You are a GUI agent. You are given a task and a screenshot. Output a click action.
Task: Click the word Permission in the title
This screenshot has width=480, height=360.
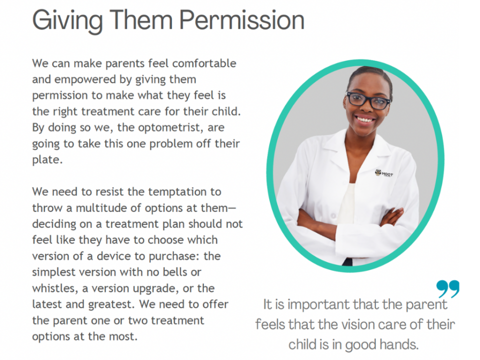pos(241,20)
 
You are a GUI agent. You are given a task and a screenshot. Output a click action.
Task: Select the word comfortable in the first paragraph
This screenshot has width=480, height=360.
pos(204,63)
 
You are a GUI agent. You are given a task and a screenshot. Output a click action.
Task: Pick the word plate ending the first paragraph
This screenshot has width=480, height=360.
pos(47,160)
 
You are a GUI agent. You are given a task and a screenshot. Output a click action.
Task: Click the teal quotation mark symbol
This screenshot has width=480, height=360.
pos(448,288)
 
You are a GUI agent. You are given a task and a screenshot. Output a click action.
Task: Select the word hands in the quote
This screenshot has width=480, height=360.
pos(399,344)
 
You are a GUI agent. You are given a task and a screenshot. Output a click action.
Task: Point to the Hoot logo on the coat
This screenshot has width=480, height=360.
pos(384,173)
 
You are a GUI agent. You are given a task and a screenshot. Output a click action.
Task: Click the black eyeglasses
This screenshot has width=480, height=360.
pos(367,100)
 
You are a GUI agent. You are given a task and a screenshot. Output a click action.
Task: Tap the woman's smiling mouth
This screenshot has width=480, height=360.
pos(365,118)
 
